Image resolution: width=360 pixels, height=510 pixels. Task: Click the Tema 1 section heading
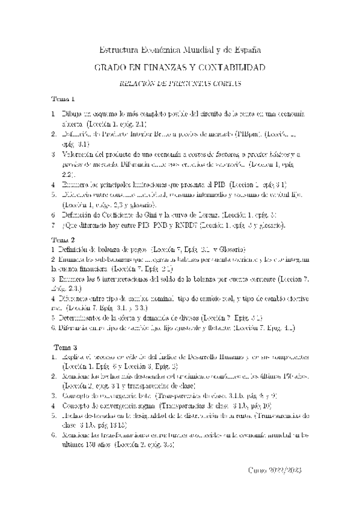63,99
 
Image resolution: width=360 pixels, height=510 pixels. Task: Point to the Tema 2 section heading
63,239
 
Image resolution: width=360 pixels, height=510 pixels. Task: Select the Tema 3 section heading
66,348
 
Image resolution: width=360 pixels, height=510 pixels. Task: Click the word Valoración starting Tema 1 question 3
82,155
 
